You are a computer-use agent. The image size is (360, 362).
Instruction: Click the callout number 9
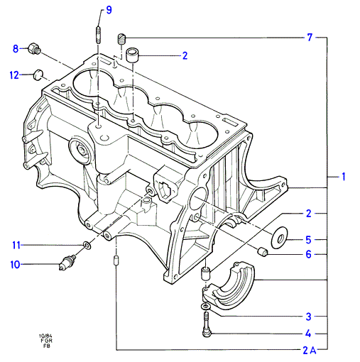pos(109,10)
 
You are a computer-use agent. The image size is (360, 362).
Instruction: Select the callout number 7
pos(310,38)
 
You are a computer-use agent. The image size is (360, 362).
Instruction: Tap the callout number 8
pos(16,49)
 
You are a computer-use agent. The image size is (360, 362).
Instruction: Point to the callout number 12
pos(14,75)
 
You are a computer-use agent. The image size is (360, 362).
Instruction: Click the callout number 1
pos(343,177)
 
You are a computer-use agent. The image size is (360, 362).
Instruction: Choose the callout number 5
pos(308,240)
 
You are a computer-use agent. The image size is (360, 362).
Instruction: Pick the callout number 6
pos(308,255)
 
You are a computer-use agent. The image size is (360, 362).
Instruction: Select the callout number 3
pos(308,317)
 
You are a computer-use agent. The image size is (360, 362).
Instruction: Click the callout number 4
pos(308,334)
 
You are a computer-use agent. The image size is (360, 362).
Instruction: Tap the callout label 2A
pos(310,351)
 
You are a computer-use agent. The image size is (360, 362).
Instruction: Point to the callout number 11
pos(16,245)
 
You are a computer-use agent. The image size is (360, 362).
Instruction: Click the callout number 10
pos(15,265)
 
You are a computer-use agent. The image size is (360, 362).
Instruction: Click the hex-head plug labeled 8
pos(34,48)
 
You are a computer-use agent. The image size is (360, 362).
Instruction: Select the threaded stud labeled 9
pos(98,35)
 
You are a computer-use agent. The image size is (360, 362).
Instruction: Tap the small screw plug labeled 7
pos(121,39)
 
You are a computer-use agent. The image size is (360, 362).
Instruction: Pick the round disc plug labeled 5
pos(279,238)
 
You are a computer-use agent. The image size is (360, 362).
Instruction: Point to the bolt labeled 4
pos(207,324)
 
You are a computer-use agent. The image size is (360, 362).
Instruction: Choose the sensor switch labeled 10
pos(67,263)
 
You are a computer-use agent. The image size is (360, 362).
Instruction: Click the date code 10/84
pos(45,336)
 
